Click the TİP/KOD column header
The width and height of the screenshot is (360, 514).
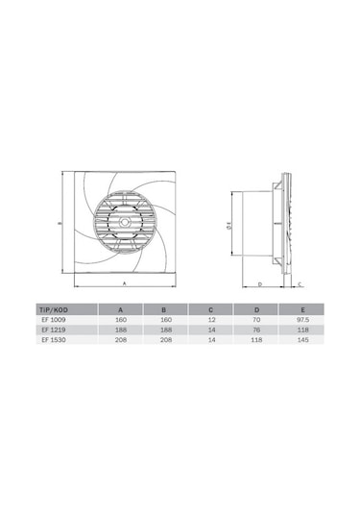[x=54, y=309]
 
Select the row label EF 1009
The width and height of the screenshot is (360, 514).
[x=54, y=320]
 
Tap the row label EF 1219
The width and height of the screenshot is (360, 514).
[x=54, y=330]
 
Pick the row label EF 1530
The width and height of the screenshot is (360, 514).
[x=54, y=340]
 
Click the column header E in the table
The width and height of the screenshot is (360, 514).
[x=302, y=309]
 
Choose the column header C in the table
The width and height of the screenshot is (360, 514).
[x=211, y=309]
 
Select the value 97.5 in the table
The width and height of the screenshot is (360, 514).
[x=302, y=320]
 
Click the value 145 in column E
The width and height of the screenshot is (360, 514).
[x=302, y=340]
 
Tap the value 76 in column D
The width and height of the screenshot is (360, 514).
[x=256, y=330]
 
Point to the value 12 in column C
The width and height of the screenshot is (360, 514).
[x=211, y=320]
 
